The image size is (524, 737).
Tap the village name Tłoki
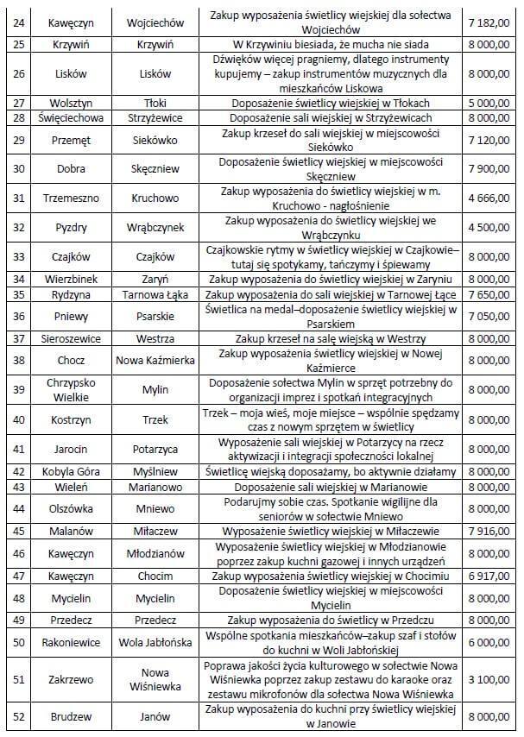[155, 102]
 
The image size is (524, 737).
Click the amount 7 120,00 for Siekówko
[488, 139]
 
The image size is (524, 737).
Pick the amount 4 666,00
[488, 198]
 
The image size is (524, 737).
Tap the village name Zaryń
[155, 279]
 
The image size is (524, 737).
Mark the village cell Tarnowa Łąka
[155, 294]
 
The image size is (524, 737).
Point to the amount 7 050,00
[488, 316]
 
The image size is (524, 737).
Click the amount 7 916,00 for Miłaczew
[488, 531]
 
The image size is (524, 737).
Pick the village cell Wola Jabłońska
[155, 642]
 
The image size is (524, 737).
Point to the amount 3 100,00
[488, 679]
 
